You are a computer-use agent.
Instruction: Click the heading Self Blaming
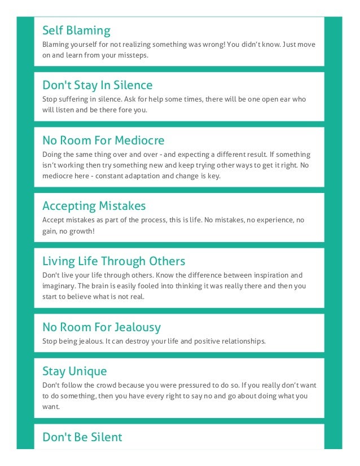76,30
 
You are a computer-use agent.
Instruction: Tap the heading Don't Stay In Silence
97,85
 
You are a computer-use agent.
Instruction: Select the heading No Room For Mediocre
103,140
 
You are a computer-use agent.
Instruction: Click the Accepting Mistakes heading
94,206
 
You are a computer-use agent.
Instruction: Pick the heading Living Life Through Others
113,261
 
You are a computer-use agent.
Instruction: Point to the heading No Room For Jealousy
102,327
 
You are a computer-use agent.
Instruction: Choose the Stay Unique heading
74,371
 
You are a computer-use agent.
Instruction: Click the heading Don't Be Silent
82,437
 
